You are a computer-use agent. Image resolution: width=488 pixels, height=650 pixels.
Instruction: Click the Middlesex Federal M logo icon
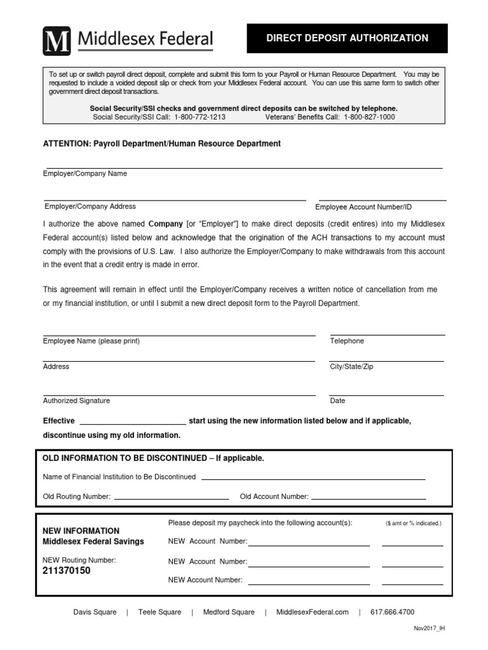57,41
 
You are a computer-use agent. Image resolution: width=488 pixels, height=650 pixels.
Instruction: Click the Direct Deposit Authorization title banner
347,38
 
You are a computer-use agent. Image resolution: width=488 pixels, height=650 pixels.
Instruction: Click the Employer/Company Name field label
85,174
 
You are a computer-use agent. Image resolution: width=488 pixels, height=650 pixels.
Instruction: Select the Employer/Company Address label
90,206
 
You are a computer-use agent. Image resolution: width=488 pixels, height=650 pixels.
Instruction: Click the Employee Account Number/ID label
363,207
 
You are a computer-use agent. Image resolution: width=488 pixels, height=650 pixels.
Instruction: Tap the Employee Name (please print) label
91,341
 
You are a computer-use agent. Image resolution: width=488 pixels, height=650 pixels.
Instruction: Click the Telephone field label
347,341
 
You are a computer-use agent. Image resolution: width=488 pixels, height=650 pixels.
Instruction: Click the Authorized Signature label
76,401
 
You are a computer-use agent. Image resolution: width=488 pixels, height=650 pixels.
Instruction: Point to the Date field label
337,401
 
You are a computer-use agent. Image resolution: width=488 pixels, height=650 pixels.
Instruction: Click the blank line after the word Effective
132,422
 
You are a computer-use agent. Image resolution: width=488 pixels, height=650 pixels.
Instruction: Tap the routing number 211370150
67,571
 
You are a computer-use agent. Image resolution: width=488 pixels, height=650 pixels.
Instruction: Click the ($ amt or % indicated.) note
413,524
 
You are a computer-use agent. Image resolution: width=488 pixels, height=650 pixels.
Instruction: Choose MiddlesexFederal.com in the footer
313,612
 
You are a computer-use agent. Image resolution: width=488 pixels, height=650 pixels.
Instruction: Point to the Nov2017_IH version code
430,628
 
